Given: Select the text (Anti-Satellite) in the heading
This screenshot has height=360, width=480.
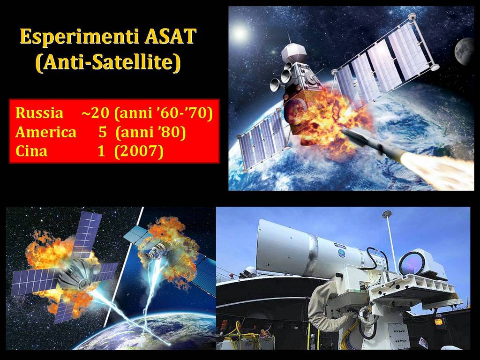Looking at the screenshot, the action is tap(108, 63).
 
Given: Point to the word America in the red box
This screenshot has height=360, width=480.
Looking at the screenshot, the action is tap(46, 132).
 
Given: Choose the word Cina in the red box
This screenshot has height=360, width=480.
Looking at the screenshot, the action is tap(31, 151).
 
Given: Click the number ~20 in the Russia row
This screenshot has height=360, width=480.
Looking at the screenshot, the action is tap(95, 113).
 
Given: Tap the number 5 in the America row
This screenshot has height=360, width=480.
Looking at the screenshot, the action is tap(103, 132).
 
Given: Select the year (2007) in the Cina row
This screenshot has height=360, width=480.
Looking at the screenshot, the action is tap(139, 151).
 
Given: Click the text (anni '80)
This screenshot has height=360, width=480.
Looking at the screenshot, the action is tap(151, 132).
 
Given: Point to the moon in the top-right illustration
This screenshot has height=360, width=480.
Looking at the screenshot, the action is tap(465, 51).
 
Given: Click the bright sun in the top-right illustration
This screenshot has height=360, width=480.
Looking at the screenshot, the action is tap(240, 33).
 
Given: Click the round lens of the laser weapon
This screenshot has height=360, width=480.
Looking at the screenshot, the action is tap(412, 263).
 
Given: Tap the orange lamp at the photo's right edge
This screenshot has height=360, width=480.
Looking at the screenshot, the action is tap(439, 322).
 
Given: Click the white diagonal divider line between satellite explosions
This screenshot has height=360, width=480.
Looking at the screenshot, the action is tap(123, 267).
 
